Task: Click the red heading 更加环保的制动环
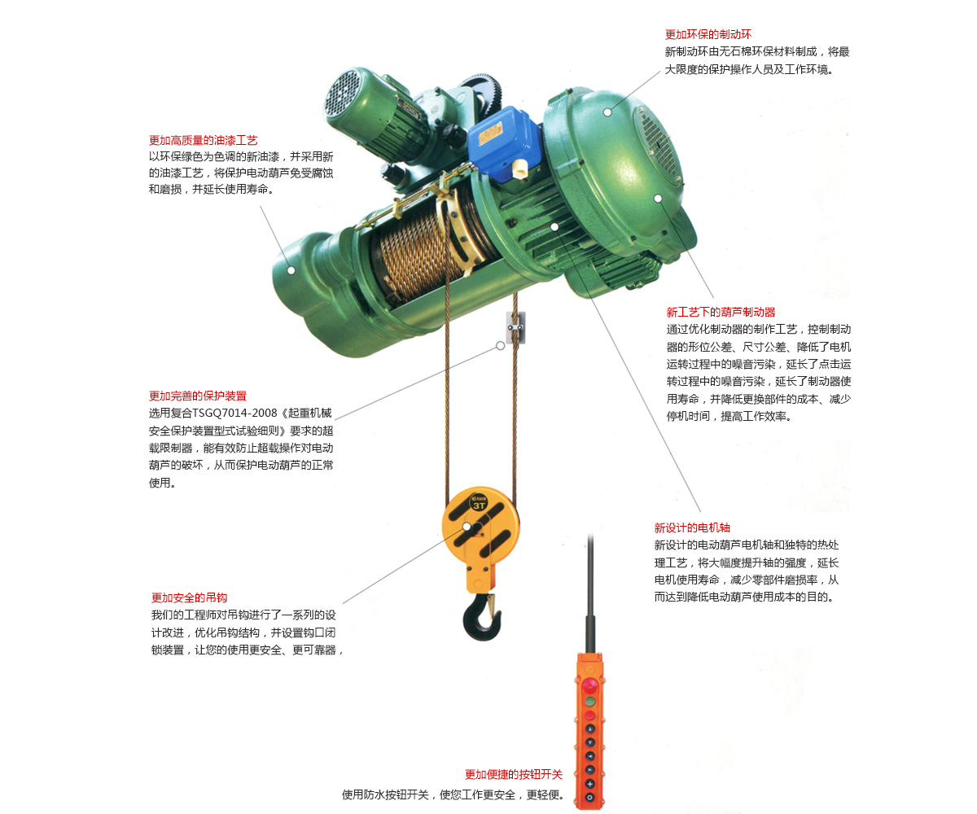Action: click(708, 34)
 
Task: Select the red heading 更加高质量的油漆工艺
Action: click(203, 140)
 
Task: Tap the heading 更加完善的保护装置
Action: click(198, 396)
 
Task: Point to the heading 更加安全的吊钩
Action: click(189, 597)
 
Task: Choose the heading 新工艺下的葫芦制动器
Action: click(721, 312)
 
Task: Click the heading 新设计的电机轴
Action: click(692, 527)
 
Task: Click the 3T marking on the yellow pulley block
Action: click(479, 505)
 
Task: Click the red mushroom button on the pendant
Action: click(589, 687)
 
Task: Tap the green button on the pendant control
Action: click(590, 701)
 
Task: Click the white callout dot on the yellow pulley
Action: click(467, 527)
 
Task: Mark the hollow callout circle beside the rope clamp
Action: click(500, 346)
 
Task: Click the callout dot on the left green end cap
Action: click(291, 270)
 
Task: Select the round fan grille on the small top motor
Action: click(343, 93)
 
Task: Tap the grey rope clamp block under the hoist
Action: click(515, 327)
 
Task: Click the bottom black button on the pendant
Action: click(590, 798)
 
